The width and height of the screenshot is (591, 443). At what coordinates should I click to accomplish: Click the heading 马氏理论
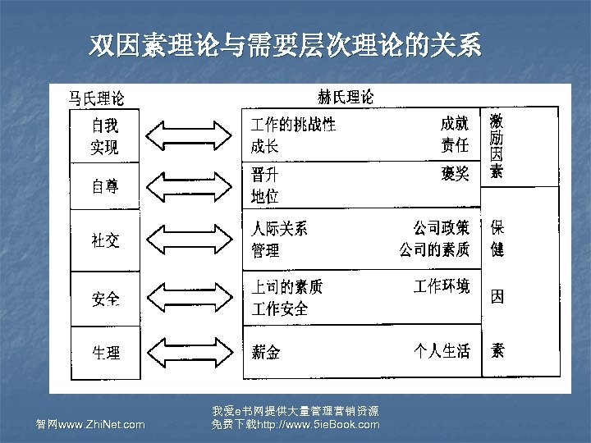point(96,99)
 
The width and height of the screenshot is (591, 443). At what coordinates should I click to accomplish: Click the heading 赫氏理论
point(345,97)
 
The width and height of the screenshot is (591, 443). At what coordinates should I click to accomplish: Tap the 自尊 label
point(104,186)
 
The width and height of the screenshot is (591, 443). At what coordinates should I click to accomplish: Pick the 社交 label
point(104,240)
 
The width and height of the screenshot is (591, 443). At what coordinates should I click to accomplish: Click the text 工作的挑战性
point(293,125)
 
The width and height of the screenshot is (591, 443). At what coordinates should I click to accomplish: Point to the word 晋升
point(264,175)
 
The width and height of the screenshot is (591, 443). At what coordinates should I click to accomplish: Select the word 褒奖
point(455,174)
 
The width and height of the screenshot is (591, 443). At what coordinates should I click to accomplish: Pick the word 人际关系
point(279,229)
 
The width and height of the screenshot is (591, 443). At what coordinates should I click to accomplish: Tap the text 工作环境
point(442,286)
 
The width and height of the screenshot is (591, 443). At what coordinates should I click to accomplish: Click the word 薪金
point(265,353)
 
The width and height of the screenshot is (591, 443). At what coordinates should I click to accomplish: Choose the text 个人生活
point(442,351)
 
